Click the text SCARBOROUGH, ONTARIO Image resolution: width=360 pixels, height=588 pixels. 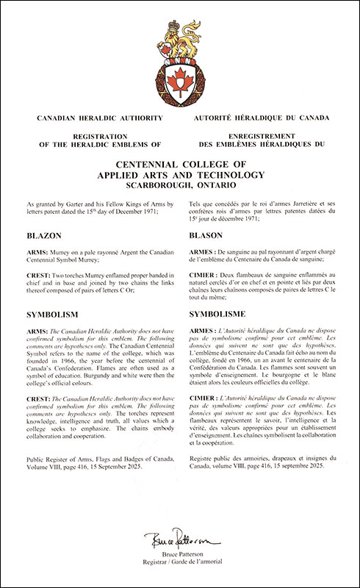tap(180, 186)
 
